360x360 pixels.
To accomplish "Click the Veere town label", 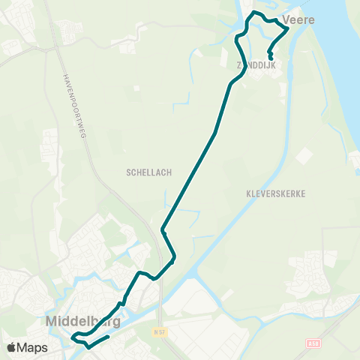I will [298, 20].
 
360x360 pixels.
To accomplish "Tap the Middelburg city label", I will [83, 322].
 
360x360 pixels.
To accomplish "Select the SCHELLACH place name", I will [149, 172].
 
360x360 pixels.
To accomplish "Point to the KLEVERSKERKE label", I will [276, 193].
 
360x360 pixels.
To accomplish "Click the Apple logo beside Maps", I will [11, 347].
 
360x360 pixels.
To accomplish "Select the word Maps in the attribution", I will [32, 347].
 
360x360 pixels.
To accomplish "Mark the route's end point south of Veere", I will [270, 57].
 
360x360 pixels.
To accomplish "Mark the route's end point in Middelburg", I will [108, 337].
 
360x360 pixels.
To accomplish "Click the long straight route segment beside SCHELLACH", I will [190, 180].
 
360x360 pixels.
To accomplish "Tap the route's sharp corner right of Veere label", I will [288, 29].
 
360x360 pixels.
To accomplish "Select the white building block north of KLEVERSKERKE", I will [304, 156].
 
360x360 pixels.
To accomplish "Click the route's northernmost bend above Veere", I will [256, 13].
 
